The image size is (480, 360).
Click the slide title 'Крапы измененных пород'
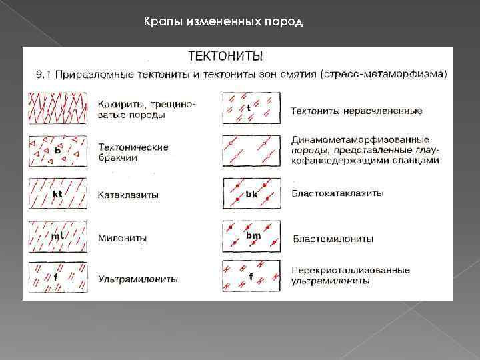tap(223, 23)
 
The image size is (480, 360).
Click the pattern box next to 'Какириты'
tap(58, 108)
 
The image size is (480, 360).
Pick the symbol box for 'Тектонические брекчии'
tap(58, 151)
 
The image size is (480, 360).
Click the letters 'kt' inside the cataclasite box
tap(57, 194)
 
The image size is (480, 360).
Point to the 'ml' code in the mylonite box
tap(57, 236)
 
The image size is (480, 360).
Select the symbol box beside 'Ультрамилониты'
tap(58, 277)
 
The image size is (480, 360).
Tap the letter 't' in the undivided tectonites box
tap(249, 107)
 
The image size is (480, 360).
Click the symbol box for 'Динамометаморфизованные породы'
tap(251, 151)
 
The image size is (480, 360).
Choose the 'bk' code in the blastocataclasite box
tap(251, 194)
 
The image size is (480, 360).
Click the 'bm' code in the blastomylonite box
tap(253, 235)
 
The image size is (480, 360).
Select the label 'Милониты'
tap(122, 238)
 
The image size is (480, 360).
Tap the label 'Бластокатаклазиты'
tap(337, 193)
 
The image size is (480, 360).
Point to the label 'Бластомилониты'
tap(333, 239)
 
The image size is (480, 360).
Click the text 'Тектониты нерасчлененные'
tap(357, 110)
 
